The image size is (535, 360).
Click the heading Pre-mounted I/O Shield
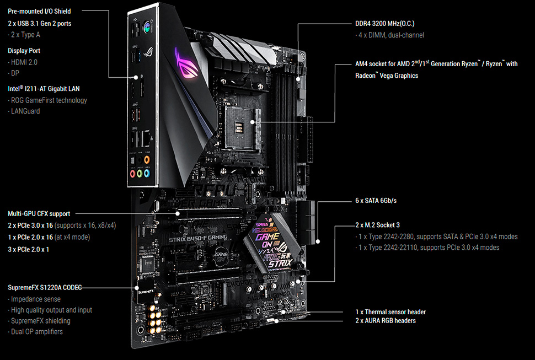pyautogui.click(x=39, y=11)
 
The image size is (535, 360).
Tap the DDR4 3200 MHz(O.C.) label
pyautogui.click(x=385, y=24)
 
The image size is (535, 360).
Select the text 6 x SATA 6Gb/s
pyautogui.click(x=376, y=201)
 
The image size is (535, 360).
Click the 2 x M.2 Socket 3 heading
pyautogui.click(x=377, y=225)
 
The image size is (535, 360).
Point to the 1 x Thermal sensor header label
pyautogui.click(x=390, y=312)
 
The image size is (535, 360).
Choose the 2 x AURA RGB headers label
pyautogui.click(x=386, y=320)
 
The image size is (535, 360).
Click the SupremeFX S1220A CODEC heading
pyautogui.click(x=45, y=287)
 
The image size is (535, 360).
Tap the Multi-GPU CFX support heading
pyautogui.click(x=39, y=214)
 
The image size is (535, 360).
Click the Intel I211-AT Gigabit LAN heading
pyautogui.click(x=44, y=89)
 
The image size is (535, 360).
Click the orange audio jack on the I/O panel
pyautogui.click(x=147, y=159)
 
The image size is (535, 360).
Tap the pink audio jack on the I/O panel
pyautogui.click(x=133, y=174)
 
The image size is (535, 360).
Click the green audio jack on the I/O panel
pyautogui.click(x=140, y=174)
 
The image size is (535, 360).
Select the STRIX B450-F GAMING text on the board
pyautogui.click(x=198, y=239)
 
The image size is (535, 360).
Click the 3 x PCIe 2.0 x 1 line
pyautogui.click(x=28, y=250)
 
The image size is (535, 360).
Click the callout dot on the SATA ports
pyautogui.click(x=318, y=241)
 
